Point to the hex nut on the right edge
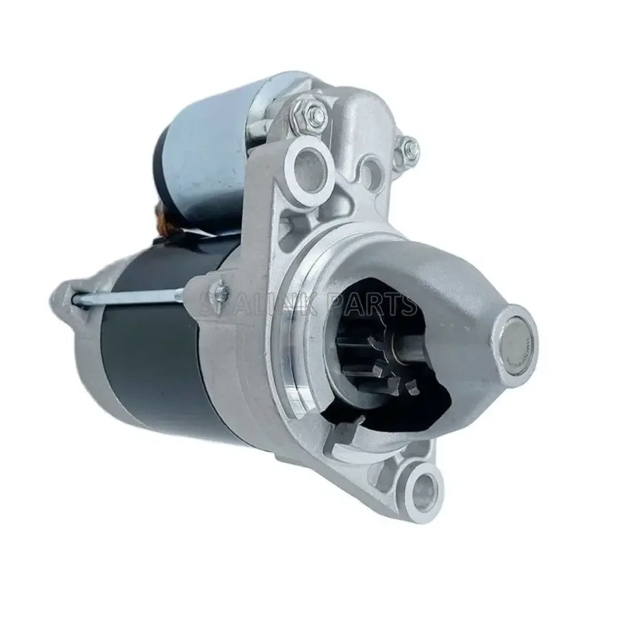click(408, 145)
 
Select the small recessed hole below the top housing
click(370, 167)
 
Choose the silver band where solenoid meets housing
click(263, 116)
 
